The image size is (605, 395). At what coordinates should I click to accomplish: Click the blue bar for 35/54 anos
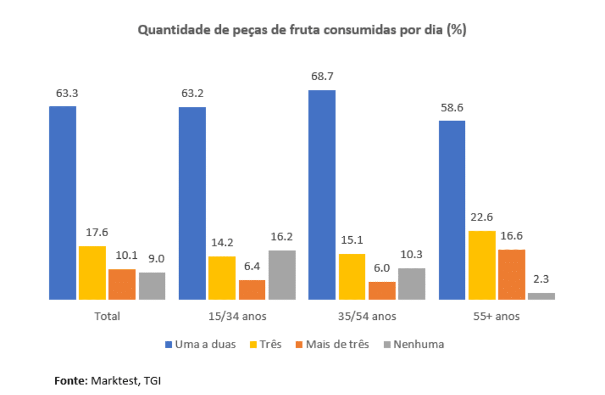(x=322, y=194)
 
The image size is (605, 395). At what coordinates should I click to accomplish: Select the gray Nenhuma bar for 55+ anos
(x=541, y=296)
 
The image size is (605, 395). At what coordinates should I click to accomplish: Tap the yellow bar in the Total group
(x=92, y=272)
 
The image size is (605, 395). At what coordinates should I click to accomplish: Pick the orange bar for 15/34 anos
(x=252, y=289)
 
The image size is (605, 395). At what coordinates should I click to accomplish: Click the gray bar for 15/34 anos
(x=282, y=275)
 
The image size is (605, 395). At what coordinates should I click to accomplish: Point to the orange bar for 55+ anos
(x=512, y=274)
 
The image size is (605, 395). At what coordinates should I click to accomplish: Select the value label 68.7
(x=321, y=76)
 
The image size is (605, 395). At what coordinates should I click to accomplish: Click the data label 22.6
(x=482, y=216)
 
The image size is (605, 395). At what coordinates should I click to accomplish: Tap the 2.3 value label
(x=541, y=279)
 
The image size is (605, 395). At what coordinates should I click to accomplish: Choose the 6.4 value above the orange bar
(x=252, y=266)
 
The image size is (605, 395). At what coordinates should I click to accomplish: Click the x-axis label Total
(x=107, y=316)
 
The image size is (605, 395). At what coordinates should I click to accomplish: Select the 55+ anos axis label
(x=497, y=316)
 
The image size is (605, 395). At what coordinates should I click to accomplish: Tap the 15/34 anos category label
(x=237, y=316)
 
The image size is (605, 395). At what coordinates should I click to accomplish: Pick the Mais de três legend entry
(x=337, y=344)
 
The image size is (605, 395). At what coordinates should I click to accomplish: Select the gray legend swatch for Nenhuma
(x=387, y=344)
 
